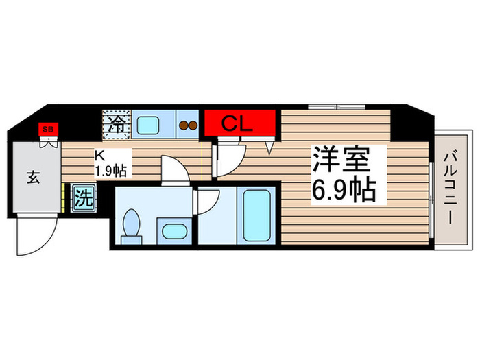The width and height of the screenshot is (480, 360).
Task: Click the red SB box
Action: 48,128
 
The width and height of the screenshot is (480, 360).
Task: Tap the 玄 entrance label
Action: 32,178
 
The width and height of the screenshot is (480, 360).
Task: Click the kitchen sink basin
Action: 147,125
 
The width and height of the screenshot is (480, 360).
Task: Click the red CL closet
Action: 239,124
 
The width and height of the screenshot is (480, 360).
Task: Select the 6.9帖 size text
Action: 344,189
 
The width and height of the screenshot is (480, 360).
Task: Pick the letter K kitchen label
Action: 99,156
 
